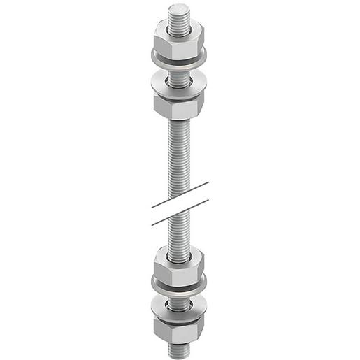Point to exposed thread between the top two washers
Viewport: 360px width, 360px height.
(179, 70)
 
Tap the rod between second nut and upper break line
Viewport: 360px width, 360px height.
(179, 154)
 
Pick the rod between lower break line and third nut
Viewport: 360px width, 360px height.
(179, 234)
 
